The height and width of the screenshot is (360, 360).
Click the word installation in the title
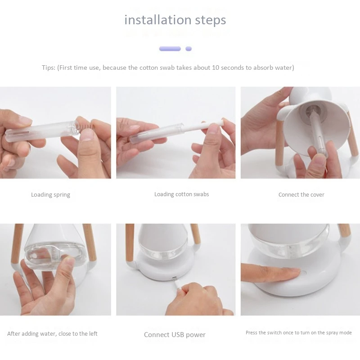(158, 20)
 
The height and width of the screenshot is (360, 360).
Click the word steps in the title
(211, 20)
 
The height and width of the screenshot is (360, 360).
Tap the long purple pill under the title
(170, 49)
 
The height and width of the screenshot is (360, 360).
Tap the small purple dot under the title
(189, 49)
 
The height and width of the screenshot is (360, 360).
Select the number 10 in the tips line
(216, 68)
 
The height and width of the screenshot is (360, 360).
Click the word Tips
(49, 68)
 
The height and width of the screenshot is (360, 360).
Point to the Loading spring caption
(50, 195)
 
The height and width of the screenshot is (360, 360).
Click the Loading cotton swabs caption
(182, 194)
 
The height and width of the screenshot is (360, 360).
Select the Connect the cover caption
(301, 195)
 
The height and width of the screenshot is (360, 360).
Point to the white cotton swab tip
(223, 121)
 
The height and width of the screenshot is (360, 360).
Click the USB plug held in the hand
(178, 287)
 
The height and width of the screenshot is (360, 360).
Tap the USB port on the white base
(175, 278)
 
